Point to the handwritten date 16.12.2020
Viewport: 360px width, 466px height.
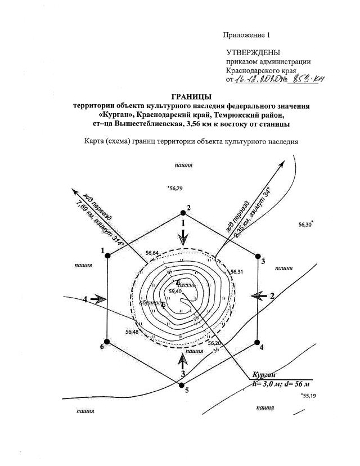(256, 80)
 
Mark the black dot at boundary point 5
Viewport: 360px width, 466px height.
(181, 384)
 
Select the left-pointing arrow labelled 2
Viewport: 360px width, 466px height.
(260, 295)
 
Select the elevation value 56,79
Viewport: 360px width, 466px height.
(176, 189)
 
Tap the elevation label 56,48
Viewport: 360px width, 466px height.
(132, 331)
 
